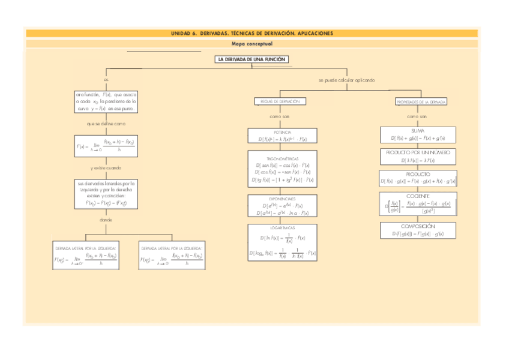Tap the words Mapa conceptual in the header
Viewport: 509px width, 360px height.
click(252, 44)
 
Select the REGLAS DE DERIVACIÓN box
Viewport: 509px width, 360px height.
click(280, 101)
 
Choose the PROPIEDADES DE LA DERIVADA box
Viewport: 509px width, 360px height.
click(421, 102)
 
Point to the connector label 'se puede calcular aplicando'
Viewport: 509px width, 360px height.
click(346, 80)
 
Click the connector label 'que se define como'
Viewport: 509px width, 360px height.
click(106, 124)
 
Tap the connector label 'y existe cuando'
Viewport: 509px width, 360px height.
click(106, 168)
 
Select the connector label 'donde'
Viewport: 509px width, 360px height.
click(106, 220)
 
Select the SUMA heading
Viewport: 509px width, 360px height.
click(418, 130)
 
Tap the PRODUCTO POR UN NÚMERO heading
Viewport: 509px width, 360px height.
click(418, 153)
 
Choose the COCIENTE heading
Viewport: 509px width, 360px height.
click(418, 196)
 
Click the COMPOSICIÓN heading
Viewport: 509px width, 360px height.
click(418, 226)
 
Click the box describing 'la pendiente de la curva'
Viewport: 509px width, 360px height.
click(106, 102)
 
